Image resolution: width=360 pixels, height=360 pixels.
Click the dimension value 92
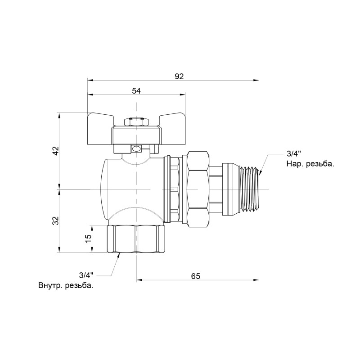[179, 76]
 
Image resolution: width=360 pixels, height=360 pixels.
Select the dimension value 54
[136, 91]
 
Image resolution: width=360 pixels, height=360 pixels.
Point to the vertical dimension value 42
[55, 151]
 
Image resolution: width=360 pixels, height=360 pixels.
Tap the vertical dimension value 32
[55, 221]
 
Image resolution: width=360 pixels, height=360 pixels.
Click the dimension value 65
[195, 275]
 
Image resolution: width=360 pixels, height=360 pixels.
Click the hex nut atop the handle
[136, 122]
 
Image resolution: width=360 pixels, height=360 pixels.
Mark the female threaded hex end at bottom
[137, 238]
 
